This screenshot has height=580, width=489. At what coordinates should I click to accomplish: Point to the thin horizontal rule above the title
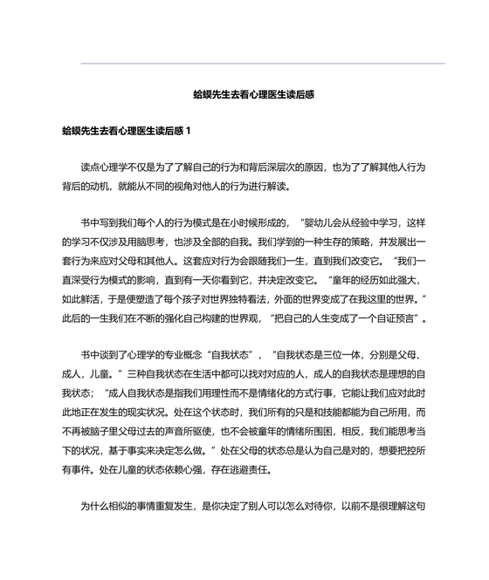pyautogui.click(x=262, y=64)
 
